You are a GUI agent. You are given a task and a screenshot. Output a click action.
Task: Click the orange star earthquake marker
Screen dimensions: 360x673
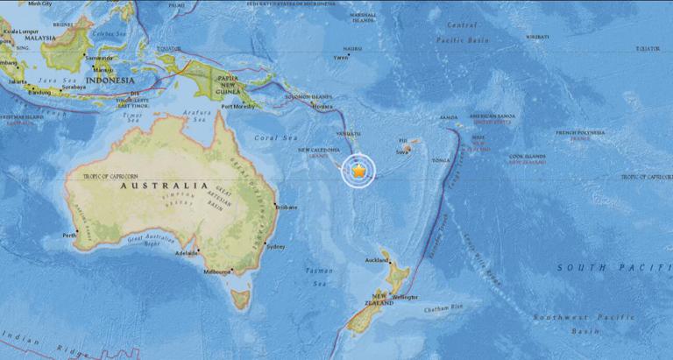[359, 171]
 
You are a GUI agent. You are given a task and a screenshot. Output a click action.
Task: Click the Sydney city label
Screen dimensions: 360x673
[275, 246]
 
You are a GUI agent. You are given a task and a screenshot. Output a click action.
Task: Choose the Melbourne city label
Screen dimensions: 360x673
[216, 272]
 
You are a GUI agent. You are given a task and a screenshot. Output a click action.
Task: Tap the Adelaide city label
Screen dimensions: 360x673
[187, 252]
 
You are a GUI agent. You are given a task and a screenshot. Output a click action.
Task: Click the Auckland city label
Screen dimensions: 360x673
[376, 260]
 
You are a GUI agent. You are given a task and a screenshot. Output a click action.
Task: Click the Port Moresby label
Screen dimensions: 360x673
[239, 107]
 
